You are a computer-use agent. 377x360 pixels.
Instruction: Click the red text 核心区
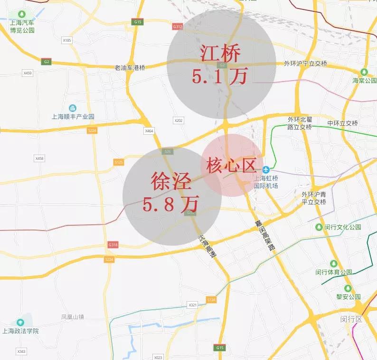[x=231, y=166]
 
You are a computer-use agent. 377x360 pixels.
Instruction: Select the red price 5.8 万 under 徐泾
[x=170, y=204]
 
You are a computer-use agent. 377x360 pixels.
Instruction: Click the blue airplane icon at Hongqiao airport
[x=266, y=169]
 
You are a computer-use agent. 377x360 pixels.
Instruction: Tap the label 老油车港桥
[x=130, y=68]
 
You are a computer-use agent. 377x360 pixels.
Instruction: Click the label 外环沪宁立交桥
[x=305, y=64]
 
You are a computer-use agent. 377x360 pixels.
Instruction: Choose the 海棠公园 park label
[x=364, y=81]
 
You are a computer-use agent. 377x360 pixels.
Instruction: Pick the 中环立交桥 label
[x=342, y=123]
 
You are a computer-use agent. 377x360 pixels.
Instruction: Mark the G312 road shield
[x=178, y=27]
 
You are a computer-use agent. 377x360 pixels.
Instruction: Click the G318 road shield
[x=113, y=245]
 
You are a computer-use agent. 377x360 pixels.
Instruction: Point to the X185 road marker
[x=67, y=41]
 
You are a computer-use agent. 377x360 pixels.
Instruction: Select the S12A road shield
[x=211, y=300]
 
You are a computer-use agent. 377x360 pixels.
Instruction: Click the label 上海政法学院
[x=20, y=331]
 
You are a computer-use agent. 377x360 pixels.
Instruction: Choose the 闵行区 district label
[x=351, y=319]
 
